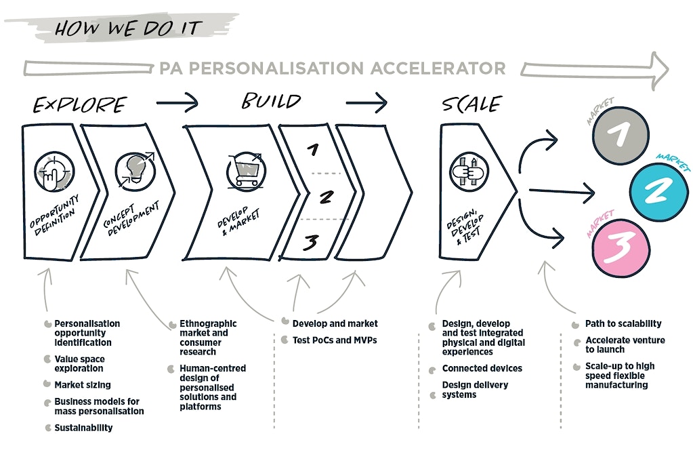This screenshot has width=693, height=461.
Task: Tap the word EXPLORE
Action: coord(80,104)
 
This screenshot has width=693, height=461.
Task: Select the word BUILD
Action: coord(271,102)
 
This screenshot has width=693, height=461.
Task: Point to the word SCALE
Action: coord(471,104)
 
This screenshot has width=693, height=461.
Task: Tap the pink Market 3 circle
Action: coord(617,246)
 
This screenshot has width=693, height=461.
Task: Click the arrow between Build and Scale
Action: coord(366,104)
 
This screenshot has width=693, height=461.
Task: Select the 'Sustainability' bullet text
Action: coord(83,428)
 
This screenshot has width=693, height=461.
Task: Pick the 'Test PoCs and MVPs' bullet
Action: coord(334,340)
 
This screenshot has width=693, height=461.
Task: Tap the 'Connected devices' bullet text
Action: coord(482,368)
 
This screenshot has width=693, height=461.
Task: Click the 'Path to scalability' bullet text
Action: coord(623,323)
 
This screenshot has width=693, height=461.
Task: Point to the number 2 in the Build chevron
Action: coord(327,197)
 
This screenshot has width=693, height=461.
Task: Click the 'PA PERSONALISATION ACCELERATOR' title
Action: coord(332,68)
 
